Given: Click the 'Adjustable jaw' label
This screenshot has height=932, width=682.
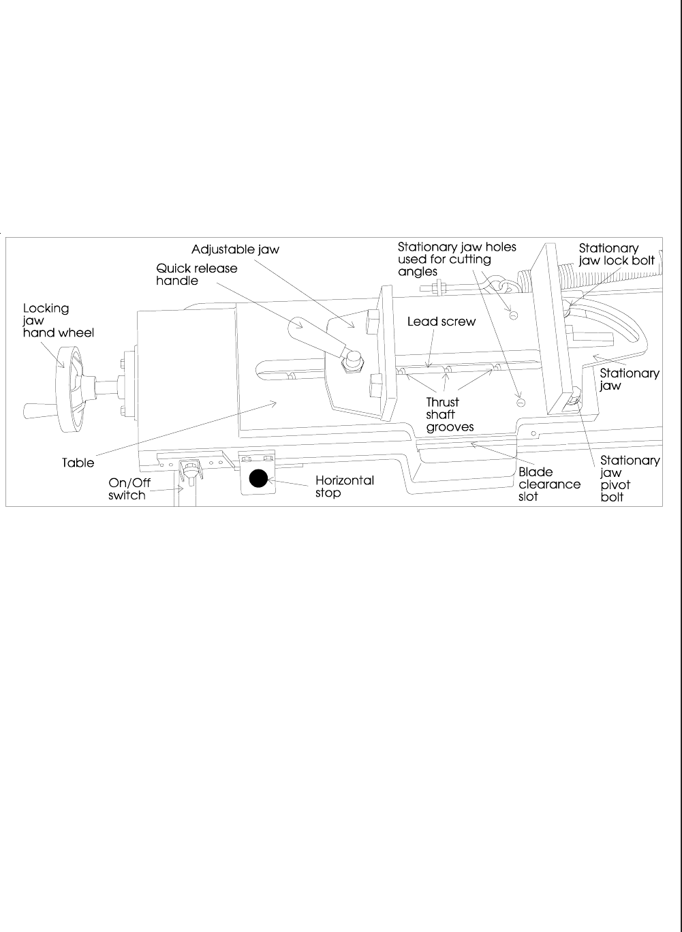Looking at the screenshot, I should pyautogui.click(x=235, y=249).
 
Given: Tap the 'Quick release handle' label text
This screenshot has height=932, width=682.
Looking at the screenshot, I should pyautogui.click(x=197, y=274).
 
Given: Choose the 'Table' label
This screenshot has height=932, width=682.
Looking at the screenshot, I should pyautogui.click(x=78, y=463).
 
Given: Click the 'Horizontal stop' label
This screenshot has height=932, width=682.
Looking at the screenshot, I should pyautogui.click(x=344, y=486).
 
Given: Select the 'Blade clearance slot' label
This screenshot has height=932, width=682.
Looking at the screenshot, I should pyautogui.click(x=549, y=484).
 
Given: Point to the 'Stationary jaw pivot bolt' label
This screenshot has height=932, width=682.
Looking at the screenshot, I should pyautogui.click(x=630, y=479).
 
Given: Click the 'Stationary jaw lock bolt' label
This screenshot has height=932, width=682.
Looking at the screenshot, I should pyautogui.click(x=617, y=254).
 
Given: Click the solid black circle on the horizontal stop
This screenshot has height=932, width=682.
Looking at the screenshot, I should pyautogui.click(x=257, y=479).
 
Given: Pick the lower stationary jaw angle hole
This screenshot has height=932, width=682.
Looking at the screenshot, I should pyautogui.click(x=521, y=403).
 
